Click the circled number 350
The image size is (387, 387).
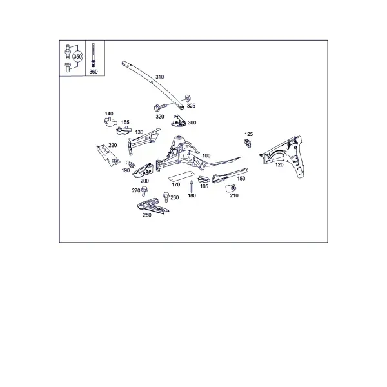point(77,57)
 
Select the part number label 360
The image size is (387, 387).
point(94,72)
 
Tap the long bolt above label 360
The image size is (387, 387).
point(93,55)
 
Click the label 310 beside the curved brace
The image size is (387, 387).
point(159,77)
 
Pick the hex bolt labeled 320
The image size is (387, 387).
point(161,107)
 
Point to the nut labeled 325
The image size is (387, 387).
point(187,98)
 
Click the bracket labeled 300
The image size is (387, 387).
point(178,121)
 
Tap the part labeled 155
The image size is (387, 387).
point(123,130)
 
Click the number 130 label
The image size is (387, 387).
point(139,132)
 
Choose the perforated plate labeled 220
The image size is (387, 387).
point(108,155)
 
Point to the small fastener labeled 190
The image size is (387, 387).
point(130,163)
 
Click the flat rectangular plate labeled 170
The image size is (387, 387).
point(181,176)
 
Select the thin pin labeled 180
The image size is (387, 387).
point(192,186)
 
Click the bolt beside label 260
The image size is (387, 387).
point(166,197)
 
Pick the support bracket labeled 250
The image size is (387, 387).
point(153,206)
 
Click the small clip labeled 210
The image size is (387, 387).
point(230,188)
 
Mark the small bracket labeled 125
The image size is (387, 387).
point(248,143)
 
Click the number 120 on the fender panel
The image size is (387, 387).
point(279,164)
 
